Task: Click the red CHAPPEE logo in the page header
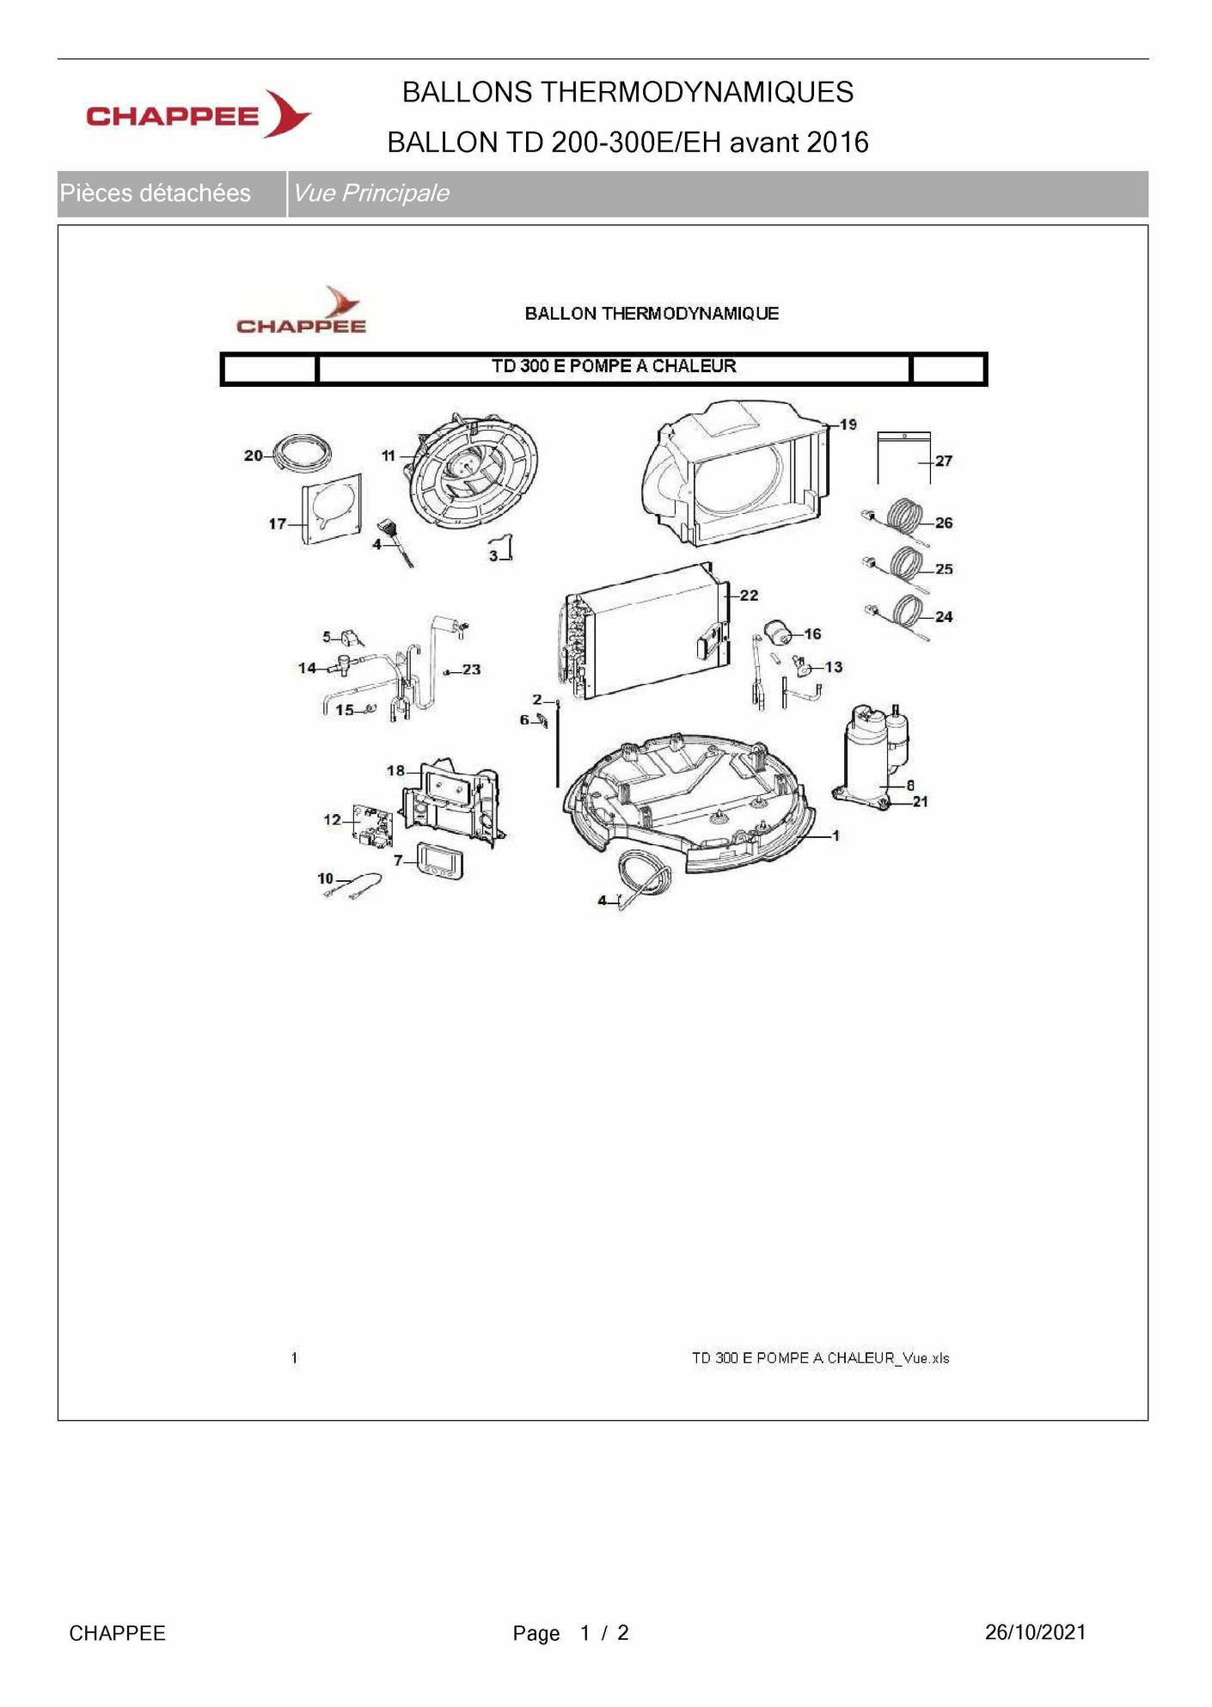coord(199,114)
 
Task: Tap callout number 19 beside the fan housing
coord(848,425)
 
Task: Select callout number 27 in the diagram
coord(944,461)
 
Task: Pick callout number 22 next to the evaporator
coord(750,595)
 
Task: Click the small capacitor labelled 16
coord(780,633)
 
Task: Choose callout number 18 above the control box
coord(395,770)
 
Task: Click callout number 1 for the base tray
coord(836,835)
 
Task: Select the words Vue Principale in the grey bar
coord(371,193)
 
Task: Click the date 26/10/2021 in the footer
coord(1036,1632)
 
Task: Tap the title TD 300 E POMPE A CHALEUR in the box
coord(614,366)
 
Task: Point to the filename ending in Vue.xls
coord(821,1358)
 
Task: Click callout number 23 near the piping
coord(471,670)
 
